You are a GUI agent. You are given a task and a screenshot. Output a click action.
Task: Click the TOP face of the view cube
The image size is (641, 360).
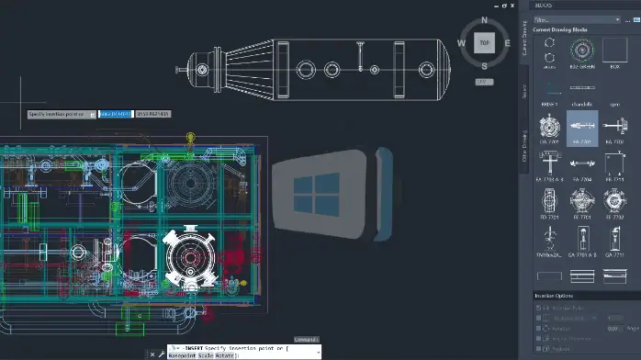[484, 43]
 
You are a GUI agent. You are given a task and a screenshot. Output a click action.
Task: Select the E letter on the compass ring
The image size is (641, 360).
[507, 43]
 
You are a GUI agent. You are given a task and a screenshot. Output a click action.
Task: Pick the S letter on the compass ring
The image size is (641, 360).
[484, 65]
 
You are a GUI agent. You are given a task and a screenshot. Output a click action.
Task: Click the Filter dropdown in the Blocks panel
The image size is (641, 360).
[579, 18]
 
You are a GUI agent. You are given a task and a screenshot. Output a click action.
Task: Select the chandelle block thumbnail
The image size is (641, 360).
[580, 92]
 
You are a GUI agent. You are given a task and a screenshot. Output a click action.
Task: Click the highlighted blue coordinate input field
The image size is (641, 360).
[115, 114]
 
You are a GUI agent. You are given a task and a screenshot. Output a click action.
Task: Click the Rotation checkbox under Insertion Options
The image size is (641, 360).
[540, 327]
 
